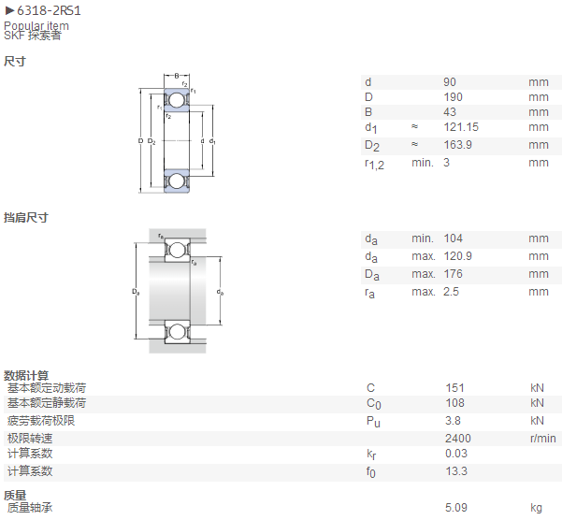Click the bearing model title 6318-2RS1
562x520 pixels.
coord(49,10)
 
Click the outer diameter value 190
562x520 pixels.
coord(453,97)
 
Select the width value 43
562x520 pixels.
coord(450,112)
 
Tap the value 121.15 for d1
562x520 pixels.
coord(461,127)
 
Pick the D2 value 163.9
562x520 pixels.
coord(457,145)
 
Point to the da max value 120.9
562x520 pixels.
coord(457,256)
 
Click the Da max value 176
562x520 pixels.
coord(453,274)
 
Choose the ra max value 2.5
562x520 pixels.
coord(451,292)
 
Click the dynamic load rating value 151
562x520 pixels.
coord(454,388)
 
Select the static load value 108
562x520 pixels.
coord(454,403)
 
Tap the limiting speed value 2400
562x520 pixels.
coord(458,439)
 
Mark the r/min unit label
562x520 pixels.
coord(543,439)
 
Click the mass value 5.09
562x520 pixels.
coord(456,508)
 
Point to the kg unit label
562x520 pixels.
coord(536,508)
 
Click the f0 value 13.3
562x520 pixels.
coord(456,471)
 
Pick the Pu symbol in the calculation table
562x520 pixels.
coord(373,422)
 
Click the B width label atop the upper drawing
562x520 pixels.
coord(177,76)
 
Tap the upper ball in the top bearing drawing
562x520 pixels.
coord(177,100)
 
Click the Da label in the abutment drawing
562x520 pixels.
coord(136,292)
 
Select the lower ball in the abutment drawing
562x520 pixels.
coord(177,331)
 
